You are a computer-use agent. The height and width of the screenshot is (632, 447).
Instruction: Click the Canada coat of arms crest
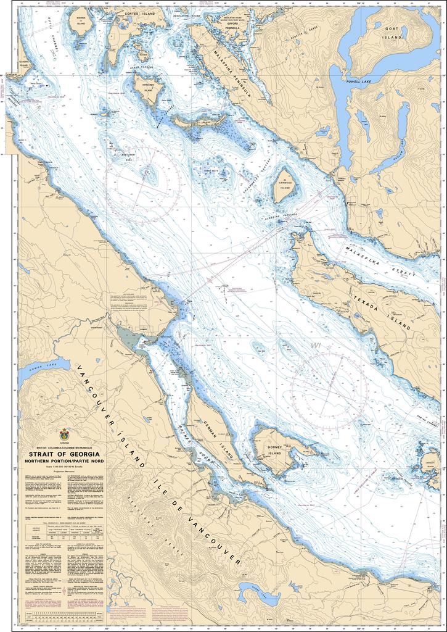(64, 434)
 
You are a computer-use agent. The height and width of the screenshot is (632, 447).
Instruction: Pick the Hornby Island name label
(274, 449)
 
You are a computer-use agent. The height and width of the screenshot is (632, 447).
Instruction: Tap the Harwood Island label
(285, 183)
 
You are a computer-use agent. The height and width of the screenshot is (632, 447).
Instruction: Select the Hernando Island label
(149, 88)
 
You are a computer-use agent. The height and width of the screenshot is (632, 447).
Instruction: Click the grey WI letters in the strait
(317, 346)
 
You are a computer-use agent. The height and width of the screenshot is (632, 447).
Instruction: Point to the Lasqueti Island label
(430, 464)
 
